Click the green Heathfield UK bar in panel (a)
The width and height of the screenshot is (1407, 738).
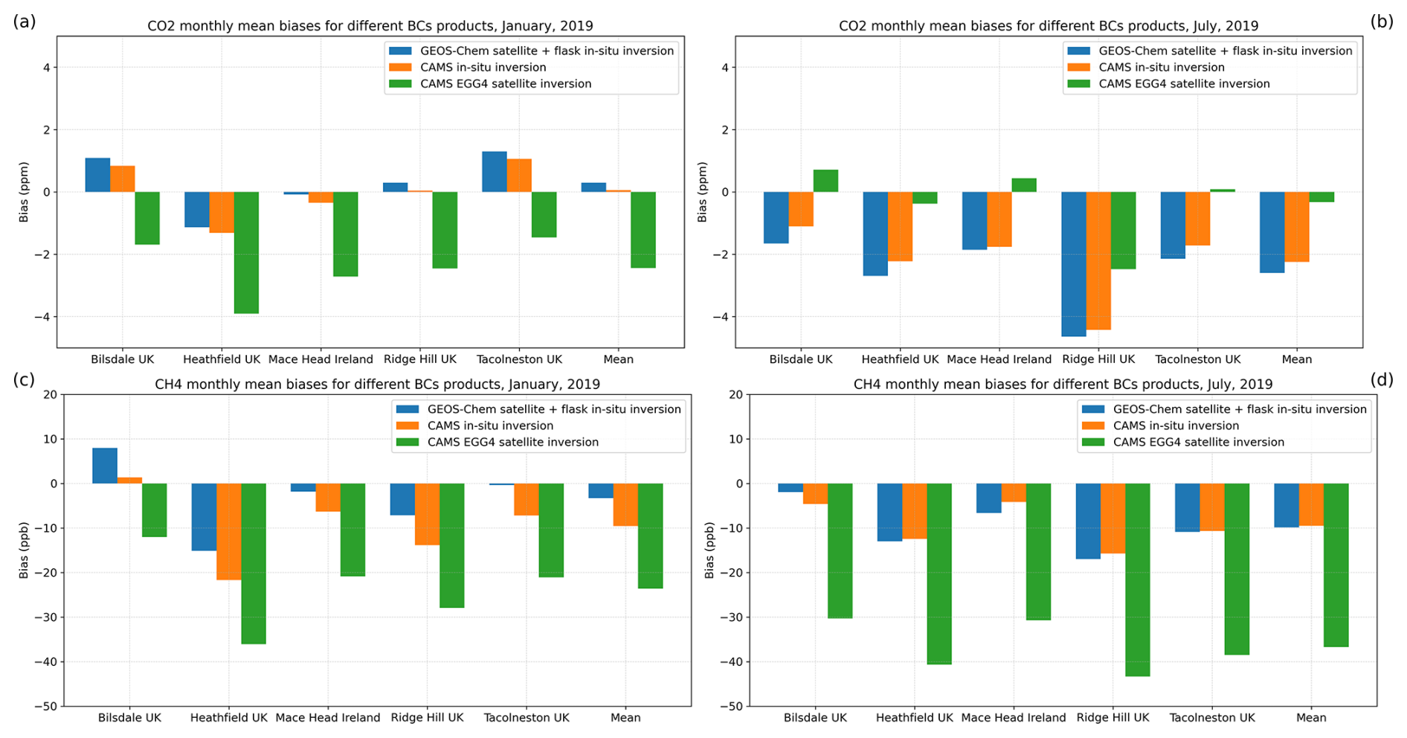246,252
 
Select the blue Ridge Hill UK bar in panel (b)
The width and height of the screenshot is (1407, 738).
1073,264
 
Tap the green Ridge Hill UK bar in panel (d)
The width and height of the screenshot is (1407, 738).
1137,580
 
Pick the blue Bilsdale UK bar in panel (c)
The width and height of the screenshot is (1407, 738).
105,466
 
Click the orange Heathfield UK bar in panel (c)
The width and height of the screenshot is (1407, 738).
229,531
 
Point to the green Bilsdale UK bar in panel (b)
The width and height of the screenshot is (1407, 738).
825,181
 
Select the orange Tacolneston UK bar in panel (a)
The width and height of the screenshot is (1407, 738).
519,176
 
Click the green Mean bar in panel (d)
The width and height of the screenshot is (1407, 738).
1336,565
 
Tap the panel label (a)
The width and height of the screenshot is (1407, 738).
24,22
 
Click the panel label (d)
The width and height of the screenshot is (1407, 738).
1382,380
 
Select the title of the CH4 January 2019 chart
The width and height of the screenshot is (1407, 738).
377,385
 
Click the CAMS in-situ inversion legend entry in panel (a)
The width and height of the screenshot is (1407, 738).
483,68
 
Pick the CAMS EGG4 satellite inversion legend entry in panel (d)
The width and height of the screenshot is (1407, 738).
1198,442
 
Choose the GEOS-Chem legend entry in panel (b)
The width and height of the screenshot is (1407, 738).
1225,51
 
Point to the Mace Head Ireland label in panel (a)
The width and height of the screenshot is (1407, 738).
321,359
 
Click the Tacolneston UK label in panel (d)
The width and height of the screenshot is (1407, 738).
1211,718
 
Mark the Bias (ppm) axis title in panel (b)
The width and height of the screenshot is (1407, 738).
702,192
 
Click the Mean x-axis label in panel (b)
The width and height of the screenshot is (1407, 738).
1296,359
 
